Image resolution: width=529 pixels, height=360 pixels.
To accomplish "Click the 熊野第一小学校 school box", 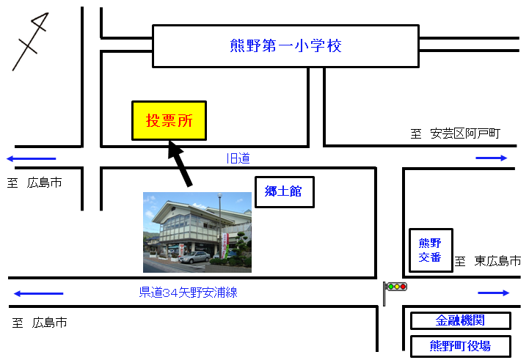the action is (x=285, y=46).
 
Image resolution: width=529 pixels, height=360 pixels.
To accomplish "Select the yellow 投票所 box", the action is (x=169, y=120).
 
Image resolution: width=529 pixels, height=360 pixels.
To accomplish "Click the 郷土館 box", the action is (x=284, y=191).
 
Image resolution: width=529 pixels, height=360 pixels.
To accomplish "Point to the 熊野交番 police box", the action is (x=430, y=250).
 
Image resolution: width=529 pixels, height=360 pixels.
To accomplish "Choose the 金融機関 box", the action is (x=460, y=320).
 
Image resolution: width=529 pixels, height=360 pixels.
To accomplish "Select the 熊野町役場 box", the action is (x=460, y=345).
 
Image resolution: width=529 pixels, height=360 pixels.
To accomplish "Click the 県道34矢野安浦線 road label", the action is (x=189, y=293).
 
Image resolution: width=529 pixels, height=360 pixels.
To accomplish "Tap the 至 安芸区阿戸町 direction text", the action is (x=455, y=133).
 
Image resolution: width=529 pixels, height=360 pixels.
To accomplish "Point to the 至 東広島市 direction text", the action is (x=487, y=260).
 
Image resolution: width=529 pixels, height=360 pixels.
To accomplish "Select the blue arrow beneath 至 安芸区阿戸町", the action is (x=491, y=158).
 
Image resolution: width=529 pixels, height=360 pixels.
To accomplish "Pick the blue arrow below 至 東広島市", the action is (x=493, y=293).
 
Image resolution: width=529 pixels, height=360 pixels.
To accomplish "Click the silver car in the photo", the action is (x=194, y=257).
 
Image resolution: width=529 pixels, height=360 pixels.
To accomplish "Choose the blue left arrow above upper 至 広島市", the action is (x=31, y=158).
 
